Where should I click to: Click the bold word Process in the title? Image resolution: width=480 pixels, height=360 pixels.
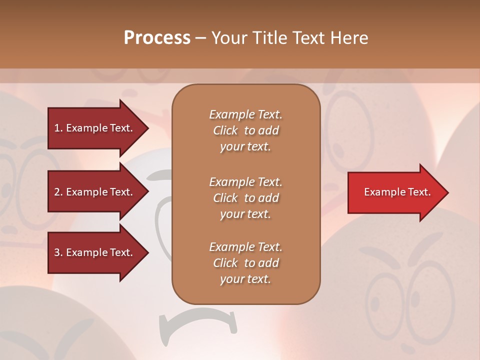tap(157, 38)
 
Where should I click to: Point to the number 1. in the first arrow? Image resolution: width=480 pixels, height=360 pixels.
tap(58, 128)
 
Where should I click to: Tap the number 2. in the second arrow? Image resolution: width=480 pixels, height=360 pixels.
tap(58, 192)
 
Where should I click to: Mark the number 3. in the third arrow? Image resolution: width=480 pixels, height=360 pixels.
tap(58, 252)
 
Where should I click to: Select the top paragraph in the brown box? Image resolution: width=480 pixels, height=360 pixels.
tap(245, 130)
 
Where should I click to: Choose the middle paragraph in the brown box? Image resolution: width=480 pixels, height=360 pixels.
tap(245, 197)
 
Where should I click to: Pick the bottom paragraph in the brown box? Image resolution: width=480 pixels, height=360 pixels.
tap(245, 263)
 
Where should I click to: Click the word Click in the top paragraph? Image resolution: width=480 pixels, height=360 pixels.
tap(225, 130)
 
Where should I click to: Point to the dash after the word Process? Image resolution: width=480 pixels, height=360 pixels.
tap(200, 38)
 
